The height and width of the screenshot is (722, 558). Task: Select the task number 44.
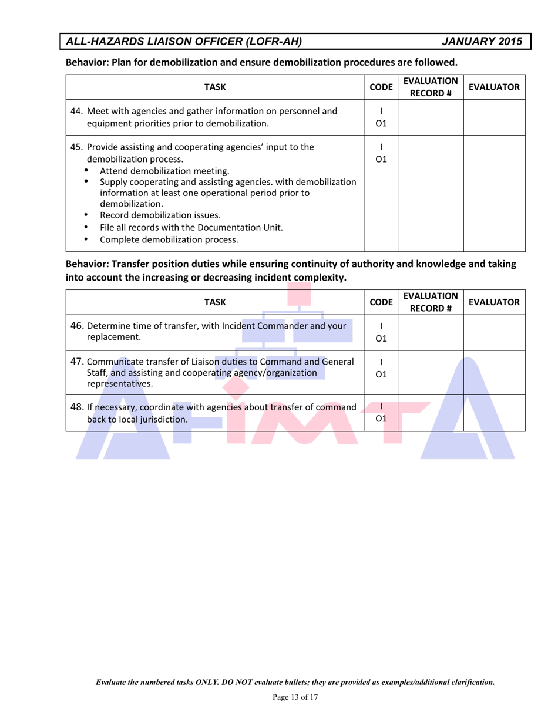pos(76,111)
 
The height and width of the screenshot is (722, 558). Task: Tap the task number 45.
pos(76,147)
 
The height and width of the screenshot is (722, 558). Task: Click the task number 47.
pos(76,361)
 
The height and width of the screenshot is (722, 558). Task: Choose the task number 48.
pos(76,407)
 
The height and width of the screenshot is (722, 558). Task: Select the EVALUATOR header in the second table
pos(492,302)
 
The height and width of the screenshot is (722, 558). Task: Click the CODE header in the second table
pos(382,302)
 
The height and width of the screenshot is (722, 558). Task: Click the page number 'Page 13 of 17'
pos(295,697)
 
